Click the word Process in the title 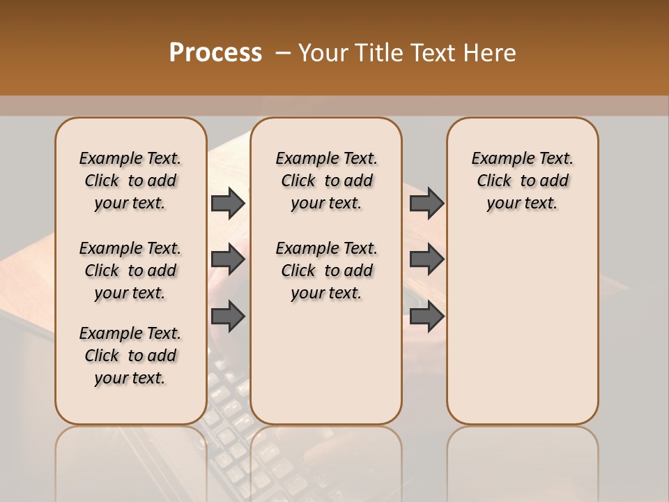(215, 53)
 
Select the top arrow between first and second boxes (228, 203)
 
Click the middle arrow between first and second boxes (228, 260)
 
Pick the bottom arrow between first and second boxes (228, 317)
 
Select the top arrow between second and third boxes (426, 203)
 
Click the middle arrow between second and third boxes (426, 260)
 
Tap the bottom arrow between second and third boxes (426, 317)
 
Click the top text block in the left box (130, 181)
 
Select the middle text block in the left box (130, 271)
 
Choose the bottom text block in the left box (130, 356)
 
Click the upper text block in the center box (326, 181)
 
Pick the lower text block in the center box (326, 271)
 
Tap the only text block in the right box (522, 181)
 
